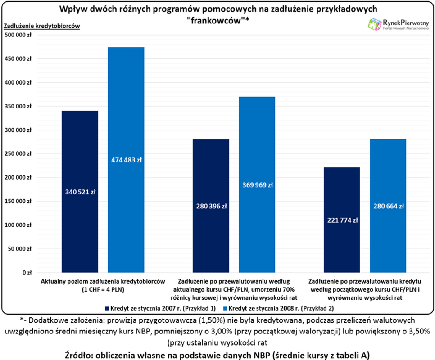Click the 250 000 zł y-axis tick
coord(18,154)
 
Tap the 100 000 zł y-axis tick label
coord(18,225)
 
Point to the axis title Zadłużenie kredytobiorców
coord(41,26)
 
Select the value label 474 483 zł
coord(126,160)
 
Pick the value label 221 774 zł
coord(342,220)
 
